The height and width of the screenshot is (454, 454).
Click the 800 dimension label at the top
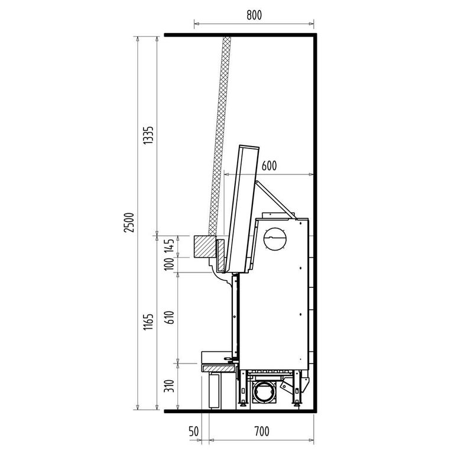click(254, 15)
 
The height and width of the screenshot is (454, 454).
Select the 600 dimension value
click(269, 166)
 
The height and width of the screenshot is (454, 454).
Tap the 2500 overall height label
click(129, 222)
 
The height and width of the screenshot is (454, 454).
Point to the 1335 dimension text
click(149, 135)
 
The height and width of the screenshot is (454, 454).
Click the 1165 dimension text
click(149, 322)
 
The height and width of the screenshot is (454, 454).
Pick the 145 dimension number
click(170, 246)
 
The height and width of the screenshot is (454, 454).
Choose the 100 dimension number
click(170, 264)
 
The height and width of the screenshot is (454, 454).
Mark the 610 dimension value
click(170, 317)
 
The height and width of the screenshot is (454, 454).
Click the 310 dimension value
click(170, 386)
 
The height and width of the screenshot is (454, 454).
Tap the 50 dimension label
click(194, 432)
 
